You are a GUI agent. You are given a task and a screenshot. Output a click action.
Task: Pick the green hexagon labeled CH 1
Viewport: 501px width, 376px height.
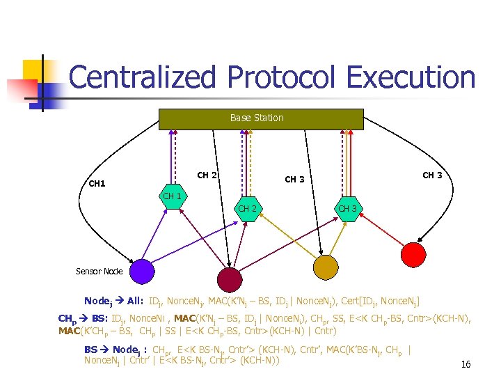tap(172, 196)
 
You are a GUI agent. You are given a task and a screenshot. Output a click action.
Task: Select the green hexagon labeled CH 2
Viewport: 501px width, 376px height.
tap(248, 209)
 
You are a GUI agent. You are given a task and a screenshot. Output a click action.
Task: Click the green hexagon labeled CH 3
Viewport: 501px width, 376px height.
tap(347, 209)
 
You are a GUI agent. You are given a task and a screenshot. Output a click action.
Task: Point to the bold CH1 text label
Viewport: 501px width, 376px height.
tap(97, 185)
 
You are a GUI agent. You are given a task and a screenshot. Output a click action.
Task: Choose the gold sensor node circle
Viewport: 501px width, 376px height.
tap(325, 267)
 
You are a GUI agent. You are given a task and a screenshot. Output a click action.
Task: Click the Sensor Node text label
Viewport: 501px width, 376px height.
tap(99, 272)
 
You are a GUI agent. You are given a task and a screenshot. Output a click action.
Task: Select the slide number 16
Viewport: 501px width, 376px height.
tap(466, 364)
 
